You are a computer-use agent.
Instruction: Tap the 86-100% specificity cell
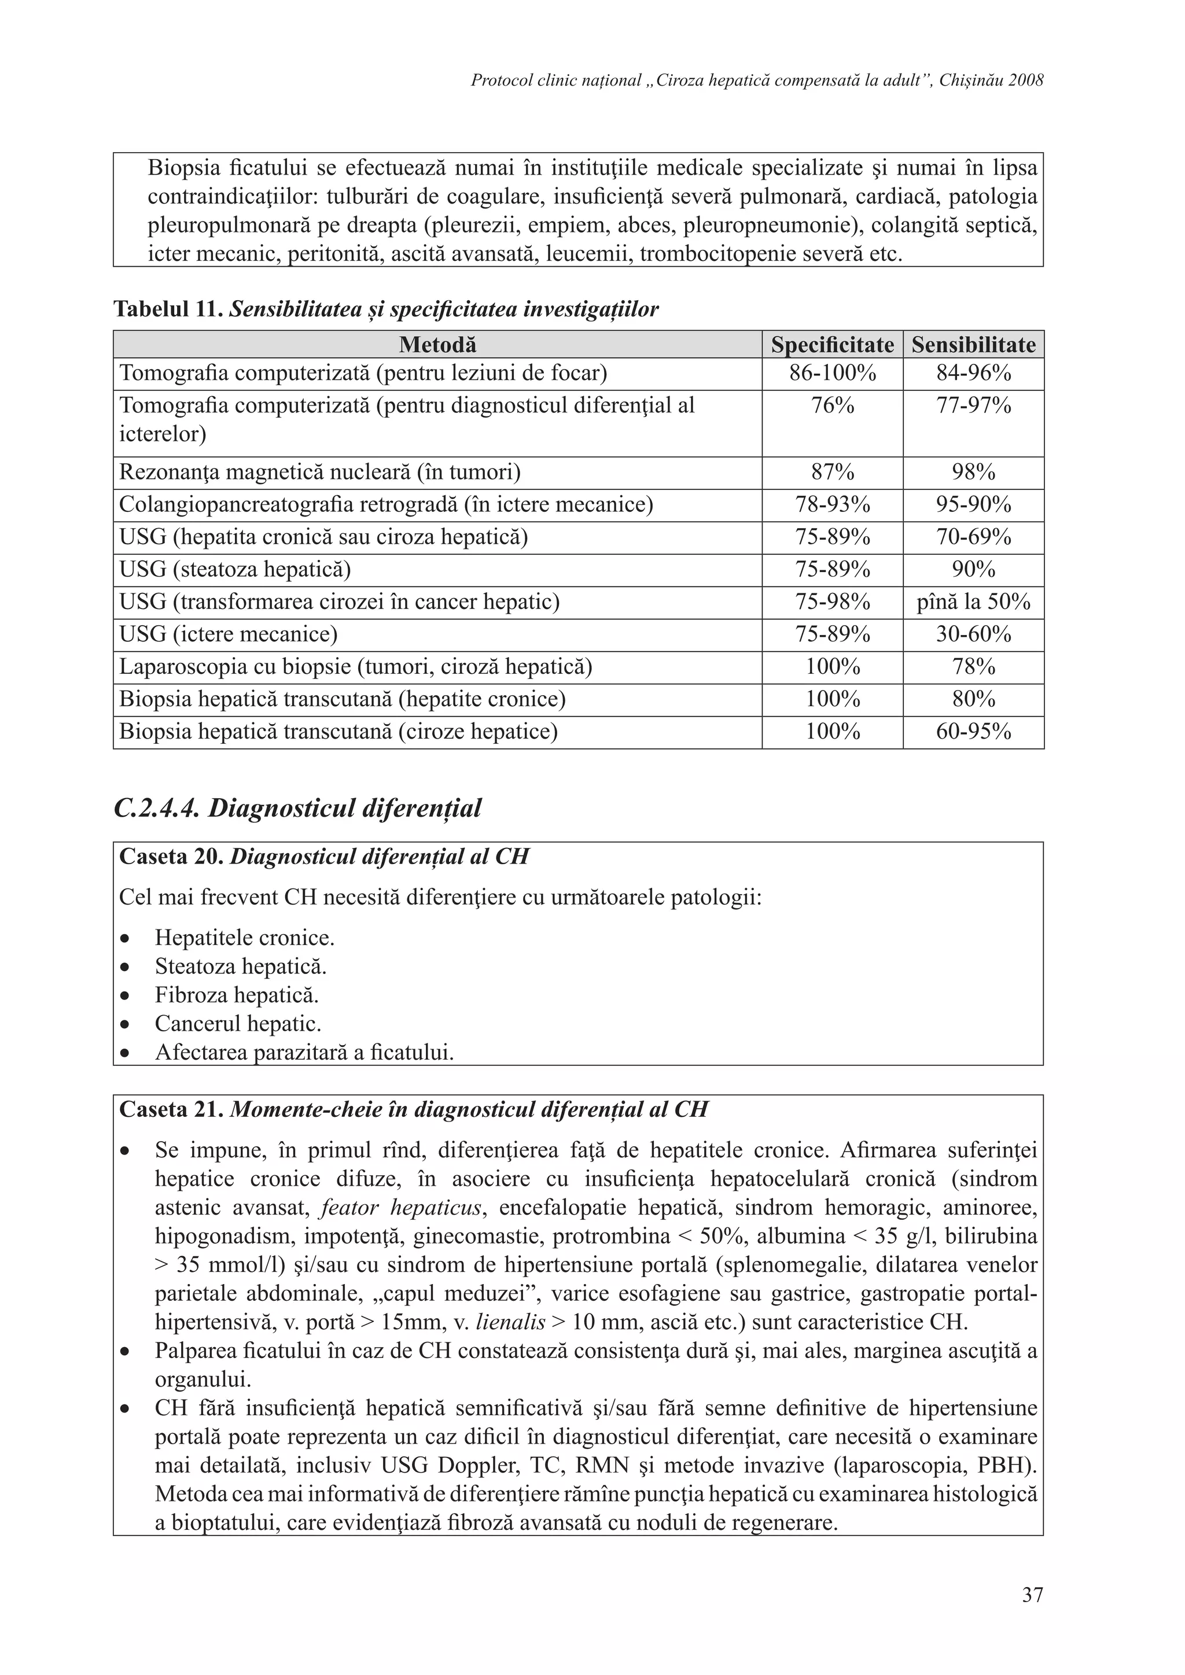coord(832,374)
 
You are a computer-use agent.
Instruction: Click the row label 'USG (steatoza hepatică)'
coord(235,569)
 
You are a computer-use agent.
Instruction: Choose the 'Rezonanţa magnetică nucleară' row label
coord(319,473)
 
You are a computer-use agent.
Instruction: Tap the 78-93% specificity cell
coord(832,505)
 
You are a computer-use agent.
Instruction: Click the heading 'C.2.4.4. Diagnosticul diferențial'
coord(298,809)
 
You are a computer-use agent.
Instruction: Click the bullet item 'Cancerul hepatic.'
coord(238,1024)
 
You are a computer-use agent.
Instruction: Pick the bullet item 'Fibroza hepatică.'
coord(237,995)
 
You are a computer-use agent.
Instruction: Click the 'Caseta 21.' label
coord(171,1109)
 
